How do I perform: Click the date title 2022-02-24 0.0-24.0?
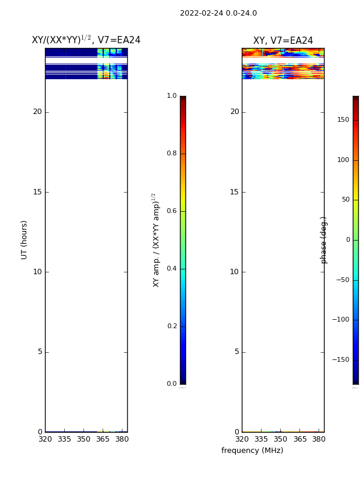point(218,13)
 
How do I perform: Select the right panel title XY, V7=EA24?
point(283,40)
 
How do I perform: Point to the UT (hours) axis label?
point(24,240)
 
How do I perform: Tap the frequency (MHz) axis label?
point(252,451)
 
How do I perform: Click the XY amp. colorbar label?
point(156,240)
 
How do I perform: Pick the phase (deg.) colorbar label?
point(323,240)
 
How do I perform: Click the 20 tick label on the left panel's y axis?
point(37,112)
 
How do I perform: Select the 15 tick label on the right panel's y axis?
point(235,192)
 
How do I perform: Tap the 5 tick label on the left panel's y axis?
point(40,352)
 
